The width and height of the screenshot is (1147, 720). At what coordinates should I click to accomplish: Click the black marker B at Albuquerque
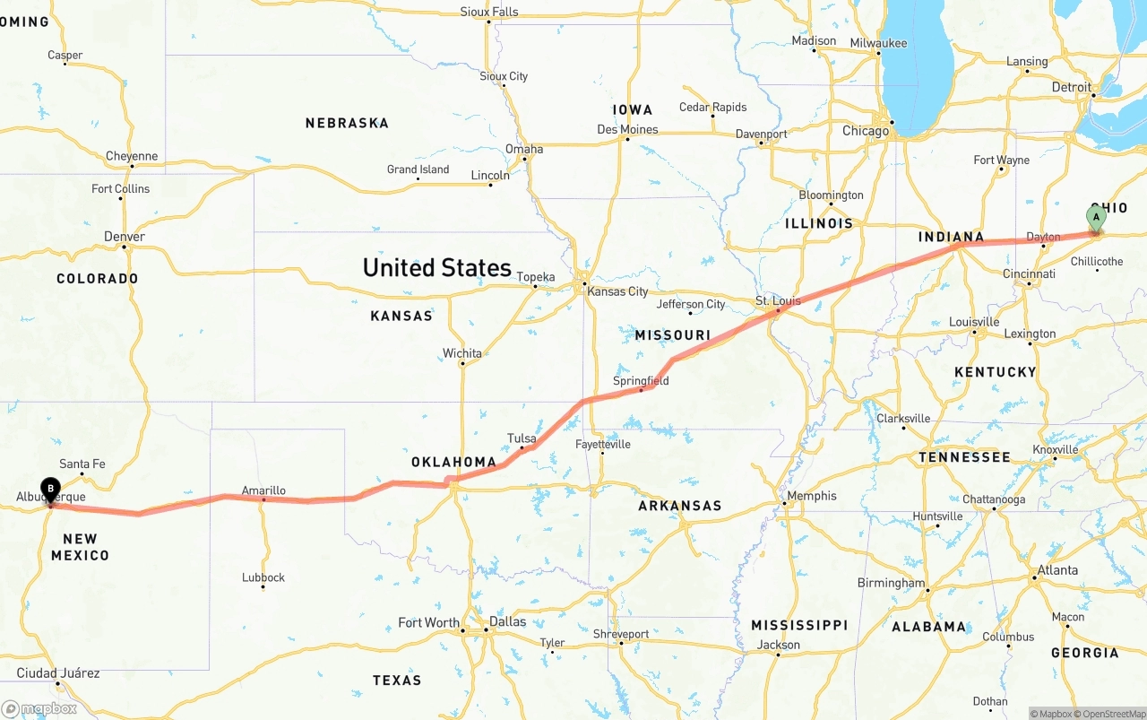(x=50, y=490)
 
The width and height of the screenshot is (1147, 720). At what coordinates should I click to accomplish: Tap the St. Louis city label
(x=778, y=300)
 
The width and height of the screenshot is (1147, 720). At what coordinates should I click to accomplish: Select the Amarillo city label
(x=263, y=490)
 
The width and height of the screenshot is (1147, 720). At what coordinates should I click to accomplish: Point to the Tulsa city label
(x=522, y=438)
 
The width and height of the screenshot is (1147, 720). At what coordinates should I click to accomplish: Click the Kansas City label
(x=617, y=291)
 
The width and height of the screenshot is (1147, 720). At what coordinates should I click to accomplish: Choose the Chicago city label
(x=866, y=131)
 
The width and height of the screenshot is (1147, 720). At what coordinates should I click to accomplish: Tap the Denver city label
(x=125, y=237)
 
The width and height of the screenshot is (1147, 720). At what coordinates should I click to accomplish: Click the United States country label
(x=436, y=267)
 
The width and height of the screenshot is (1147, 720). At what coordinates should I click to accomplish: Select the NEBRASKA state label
(x=347, y=123)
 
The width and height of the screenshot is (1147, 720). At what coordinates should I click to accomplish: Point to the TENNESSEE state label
(x=964, y=457)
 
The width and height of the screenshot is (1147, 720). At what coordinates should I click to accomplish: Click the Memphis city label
(x=811, y=496)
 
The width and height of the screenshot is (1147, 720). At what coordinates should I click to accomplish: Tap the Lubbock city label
(x=263, y=577)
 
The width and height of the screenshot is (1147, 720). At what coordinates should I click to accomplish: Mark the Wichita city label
(x=462, y=353)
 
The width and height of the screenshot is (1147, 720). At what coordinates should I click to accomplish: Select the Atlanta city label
(x=1057, y=570)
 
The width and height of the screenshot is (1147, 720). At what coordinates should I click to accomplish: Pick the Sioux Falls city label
(x=489, y=12)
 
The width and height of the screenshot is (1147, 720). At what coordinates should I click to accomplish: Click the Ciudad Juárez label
(x=58, y=673)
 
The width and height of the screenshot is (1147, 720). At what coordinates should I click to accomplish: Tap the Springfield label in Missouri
(x=641, y=381)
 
